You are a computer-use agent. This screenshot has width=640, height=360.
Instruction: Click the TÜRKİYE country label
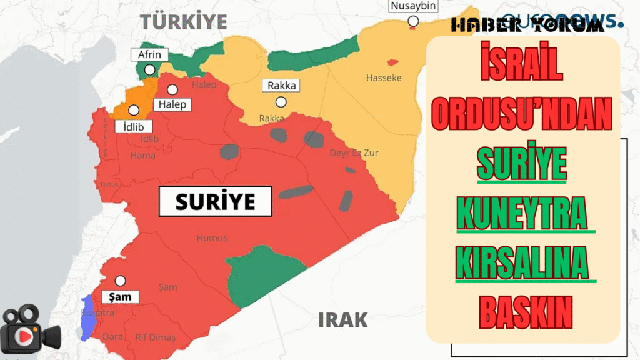(183, 21)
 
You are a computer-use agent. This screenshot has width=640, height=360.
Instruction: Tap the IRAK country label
(343, 320)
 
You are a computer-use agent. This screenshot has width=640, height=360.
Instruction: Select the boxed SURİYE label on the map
(215, 202)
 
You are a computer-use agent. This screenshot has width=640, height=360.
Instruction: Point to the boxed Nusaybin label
(412, 7)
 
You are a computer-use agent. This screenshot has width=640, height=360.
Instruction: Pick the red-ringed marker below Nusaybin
(412, 22)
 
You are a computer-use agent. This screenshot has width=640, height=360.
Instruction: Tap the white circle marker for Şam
(120, 281)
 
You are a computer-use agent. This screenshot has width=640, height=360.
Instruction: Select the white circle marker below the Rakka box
(281, 102)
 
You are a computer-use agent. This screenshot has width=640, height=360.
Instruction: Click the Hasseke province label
(384, 78)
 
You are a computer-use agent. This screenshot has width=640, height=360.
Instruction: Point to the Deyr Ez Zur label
(354, 153)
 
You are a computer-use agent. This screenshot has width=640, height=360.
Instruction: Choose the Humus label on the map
(212, 238)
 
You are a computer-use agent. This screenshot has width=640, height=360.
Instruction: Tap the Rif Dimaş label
(156, 337)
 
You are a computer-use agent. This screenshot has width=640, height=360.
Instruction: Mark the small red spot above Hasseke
(392, 62)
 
